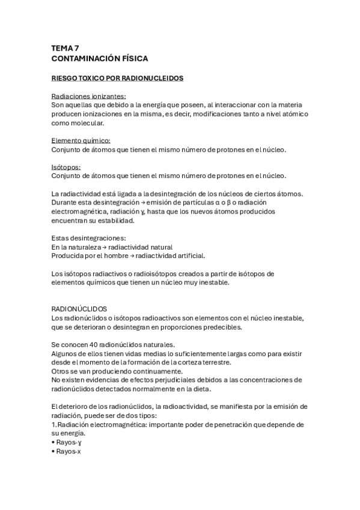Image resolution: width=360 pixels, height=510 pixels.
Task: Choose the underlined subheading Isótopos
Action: [66, 167]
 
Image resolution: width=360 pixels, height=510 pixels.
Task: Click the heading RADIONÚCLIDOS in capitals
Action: [80, 307]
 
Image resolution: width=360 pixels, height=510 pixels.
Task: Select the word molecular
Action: [86, 123]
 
